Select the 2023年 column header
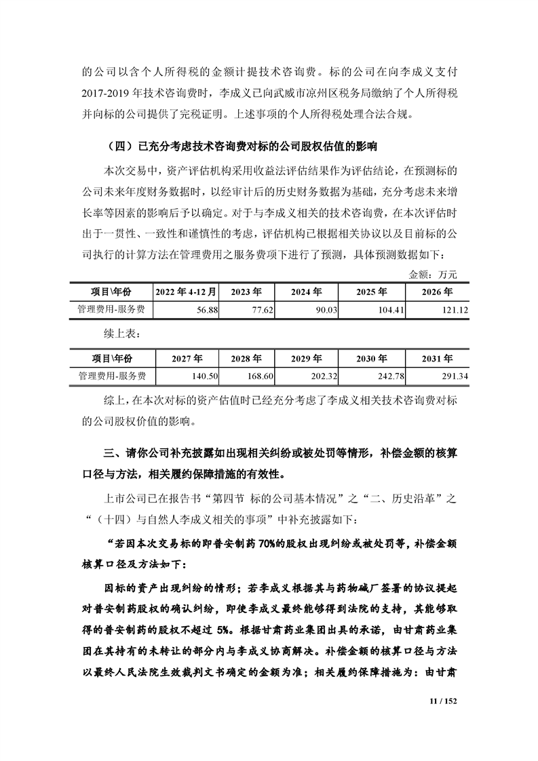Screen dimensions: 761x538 coord(246,292)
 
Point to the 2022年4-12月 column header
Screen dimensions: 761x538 coord(187,292)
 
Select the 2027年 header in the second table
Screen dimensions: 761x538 coord(187,358)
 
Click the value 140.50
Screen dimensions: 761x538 coord(204,375)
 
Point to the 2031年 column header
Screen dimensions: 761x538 coord(438,358)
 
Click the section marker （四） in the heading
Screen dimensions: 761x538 coord(121,147)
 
